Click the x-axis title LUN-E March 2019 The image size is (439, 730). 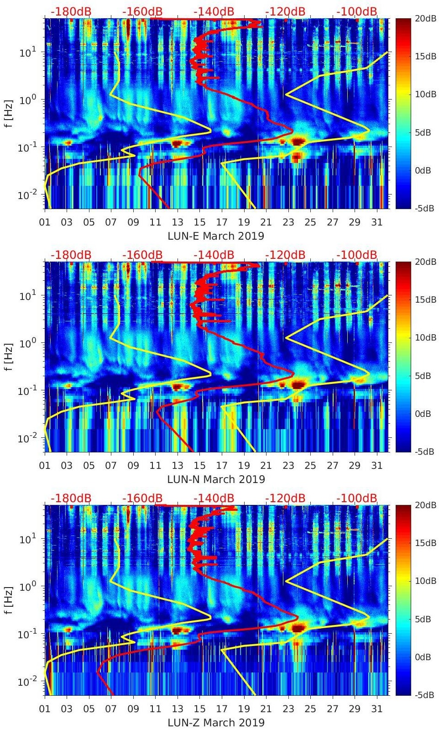click(216, 236)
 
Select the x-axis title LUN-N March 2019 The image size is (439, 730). click(216, 479)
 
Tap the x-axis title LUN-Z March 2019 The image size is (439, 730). click(216, 723)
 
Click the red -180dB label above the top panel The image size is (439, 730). click(71, 11)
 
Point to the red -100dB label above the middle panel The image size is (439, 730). click(357, 255)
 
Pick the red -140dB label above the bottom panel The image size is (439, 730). click(214, 498)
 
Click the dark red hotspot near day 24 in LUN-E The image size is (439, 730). click(298, 142)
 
